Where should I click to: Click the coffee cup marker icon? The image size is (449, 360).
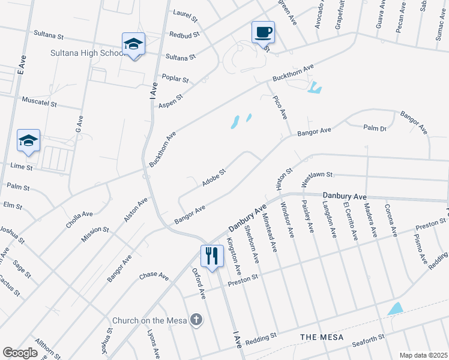click(263, 32)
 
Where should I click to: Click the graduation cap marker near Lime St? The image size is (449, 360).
click(28, 141)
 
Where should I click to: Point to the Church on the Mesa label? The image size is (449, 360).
click(150, 320)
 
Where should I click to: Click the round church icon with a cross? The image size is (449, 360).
click(196, 320)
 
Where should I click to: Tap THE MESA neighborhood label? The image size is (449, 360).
click(322, 338)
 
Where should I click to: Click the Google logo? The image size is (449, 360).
click(20, 352)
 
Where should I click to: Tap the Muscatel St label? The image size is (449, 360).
click(38, 101)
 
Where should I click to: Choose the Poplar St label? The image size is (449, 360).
click(175, 79)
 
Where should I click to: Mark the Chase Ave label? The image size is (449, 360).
click(154, 275)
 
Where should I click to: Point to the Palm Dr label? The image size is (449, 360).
click(375, 127)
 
